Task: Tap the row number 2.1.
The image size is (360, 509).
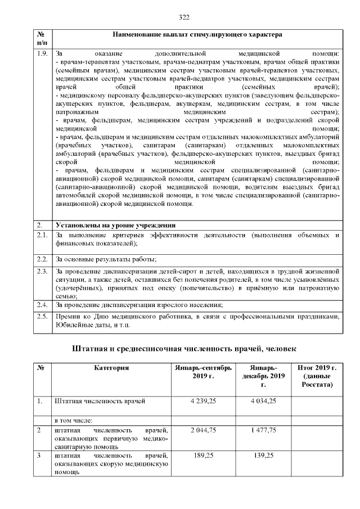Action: point(42,235)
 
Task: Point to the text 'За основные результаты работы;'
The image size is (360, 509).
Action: point(105,259)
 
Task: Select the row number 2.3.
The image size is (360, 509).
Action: point(42,272)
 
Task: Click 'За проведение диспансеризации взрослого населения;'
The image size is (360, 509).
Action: point(139,305)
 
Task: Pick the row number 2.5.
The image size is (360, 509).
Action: point(42,317)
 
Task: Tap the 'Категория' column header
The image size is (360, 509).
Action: point(112,368)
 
